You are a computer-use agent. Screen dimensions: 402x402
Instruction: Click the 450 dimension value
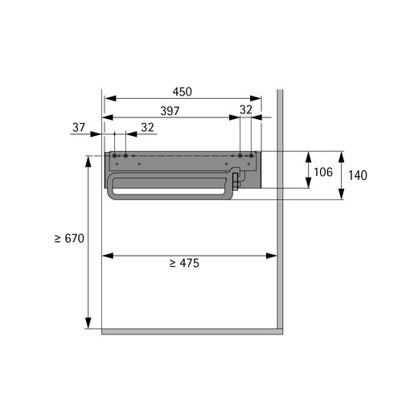pos(183,92)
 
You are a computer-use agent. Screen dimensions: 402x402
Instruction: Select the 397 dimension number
pos(170,111)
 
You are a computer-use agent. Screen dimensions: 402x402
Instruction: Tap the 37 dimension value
pos(79,128)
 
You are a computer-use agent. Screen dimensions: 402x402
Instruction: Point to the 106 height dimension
pos(323,172)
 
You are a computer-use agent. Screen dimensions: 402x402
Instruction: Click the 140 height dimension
pos(358,175)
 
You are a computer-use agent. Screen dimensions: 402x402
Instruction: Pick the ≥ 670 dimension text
pos(69,239)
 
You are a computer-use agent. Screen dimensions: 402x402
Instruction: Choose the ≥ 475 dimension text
pos(184,263)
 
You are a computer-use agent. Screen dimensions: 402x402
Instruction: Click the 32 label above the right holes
pos(246,110)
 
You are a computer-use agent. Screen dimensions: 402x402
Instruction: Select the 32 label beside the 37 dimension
pos(147,128)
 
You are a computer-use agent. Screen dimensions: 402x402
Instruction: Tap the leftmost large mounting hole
pos(115,156)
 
